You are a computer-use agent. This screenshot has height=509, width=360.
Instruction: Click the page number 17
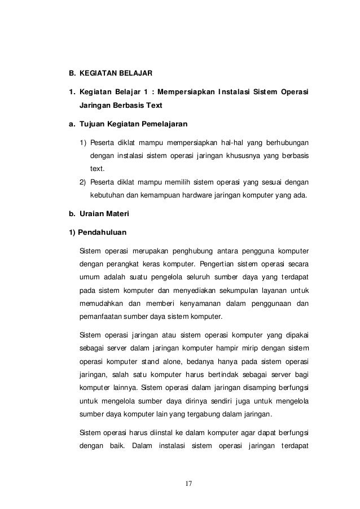[188, 484]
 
